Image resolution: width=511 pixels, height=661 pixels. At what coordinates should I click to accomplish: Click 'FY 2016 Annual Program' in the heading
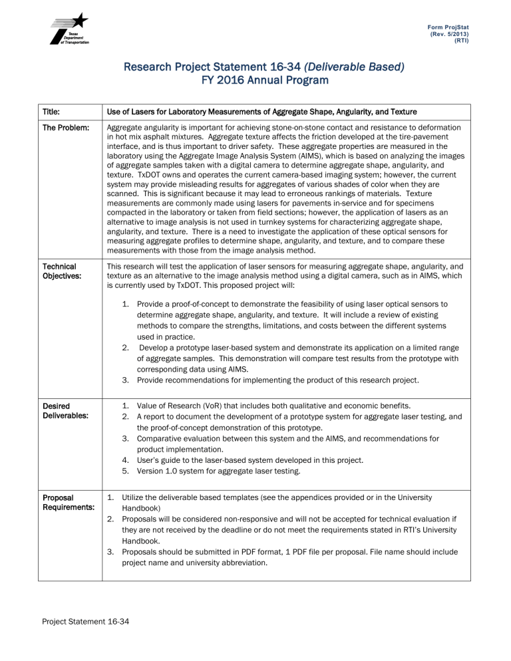(x=255, y=80)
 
